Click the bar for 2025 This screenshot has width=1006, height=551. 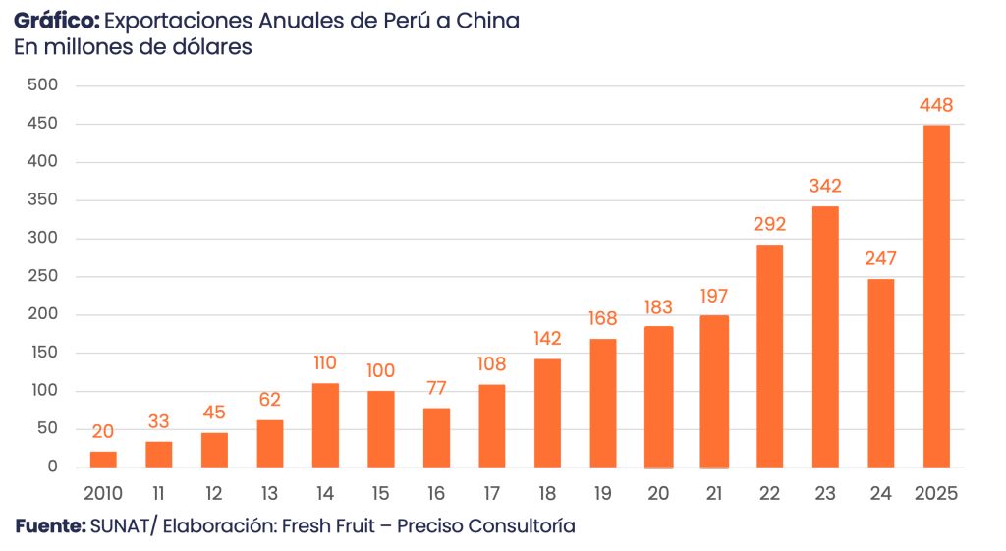[936, 296]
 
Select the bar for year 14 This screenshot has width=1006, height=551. [325, 424]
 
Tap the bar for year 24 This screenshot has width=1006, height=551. [881, 372]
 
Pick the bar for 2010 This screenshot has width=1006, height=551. [103, 459]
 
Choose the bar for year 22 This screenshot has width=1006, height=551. [770, 355]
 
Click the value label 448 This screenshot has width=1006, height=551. [936, 106]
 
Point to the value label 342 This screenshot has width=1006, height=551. [825, 186]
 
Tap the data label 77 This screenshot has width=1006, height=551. [436, 388]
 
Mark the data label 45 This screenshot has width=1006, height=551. [214, 413]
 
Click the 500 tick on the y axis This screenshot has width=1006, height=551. [45, 85]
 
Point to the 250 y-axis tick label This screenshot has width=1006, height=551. [45, 277]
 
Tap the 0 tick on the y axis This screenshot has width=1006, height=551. [53, 468]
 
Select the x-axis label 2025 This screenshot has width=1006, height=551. [936, 493]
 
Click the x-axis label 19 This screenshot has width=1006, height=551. [603, 493]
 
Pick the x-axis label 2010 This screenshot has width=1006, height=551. [103, 493]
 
